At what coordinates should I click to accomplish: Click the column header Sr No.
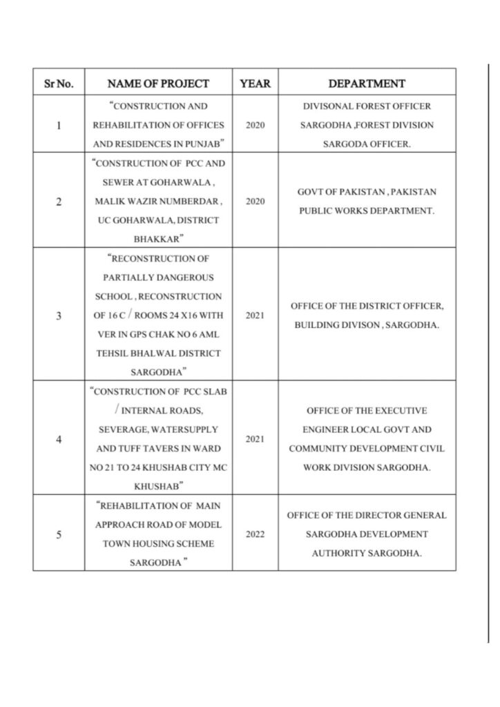[59, 84]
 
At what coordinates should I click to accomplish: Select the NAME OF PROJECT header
[158, 84]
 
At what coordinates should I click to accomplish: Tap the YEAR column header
[255, 84]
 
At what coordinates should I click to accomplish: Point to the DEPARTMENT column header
[366, 84]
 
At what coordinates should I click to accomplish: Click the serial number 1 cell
[59, 126]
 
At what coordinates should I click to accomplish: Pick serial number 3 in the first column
[59, 316]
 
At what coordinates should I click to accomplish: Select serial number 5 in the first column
[59, 534]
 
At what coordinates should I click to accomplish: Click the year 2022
[255, 534]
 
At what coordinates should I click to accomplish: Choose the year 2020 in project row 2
[255, 201]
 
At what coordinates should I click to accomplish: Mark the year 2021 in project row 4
[255, 438]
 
